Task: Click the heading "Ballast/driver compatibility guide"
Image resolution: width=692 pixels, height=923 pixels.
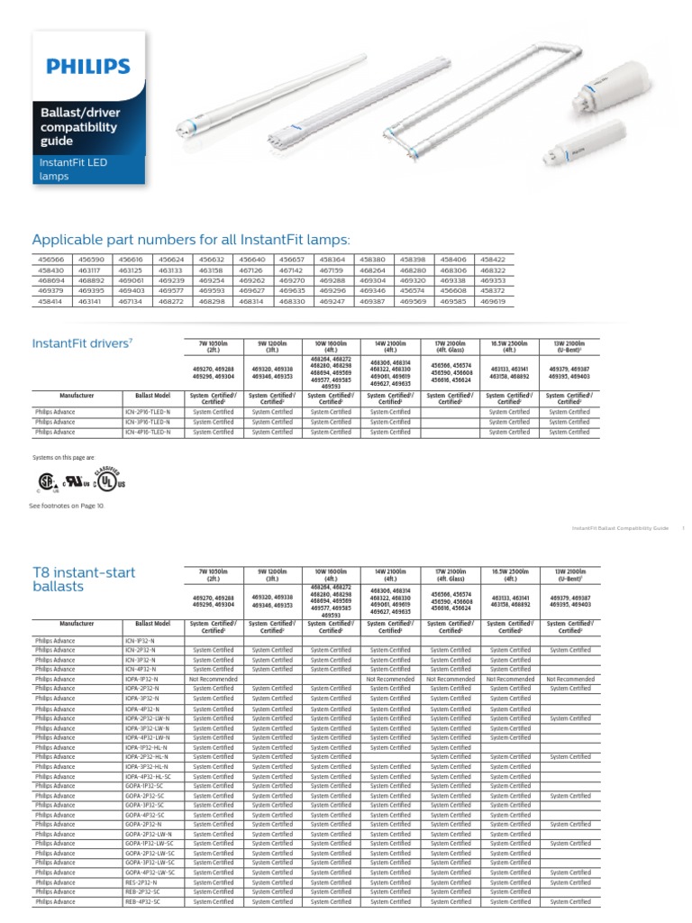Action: (x=77, y=127)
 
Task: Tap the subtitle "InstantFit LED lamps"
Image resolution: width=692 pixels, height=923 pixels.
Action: (x=71, y=169)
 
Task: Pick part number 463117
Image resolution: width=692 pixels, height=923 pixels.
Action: (x=90, y=270)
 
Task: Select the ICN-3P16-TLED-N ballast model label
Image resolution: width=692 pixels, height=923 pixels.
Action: (x=147, y=422)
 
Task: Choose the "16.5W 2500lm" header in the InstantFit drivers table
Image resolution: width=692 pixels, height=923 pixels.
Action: (x=509, y=347)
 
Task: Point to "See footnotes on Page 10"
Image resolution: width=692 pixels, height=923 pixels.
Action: (x=67, y=507)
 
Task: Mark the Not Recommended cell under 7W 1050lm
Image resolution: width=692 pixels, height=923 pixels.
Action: (x=214, y=679)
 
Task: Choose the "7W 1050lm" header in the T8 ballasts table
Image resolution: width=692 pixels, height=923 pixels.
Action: (x=214, y=575)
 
